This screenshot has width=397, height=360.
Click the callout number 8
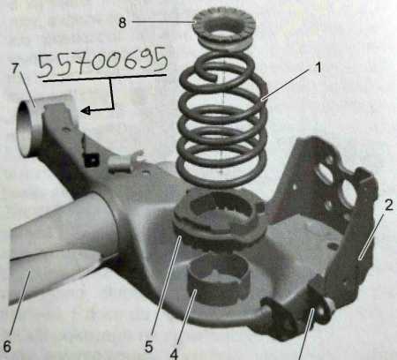pos(123,22)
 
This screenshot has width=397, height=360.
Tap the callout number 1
pos(318,68)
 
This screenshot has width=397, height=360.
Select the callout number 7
pos(15,69)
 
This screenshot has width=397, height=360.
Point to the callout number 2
pos(389,205)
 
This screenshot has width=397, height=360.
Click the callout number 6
pos(6,346)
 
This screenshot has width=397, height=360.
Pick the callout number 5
pos(149,347)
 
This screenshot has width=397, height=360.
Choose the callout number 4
pos(174,354)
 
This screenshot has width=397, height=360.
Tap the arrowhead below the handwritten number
pos(85,111)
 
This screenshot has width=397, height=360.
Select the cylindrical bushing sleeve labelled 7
pos(26,127)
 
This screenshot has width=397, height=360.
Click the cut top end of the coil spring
pos(213,77)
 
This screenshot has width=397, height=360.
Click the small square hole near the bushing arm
pos(92,161)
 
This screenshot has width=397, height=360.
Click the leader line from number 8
pos(162,22)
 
